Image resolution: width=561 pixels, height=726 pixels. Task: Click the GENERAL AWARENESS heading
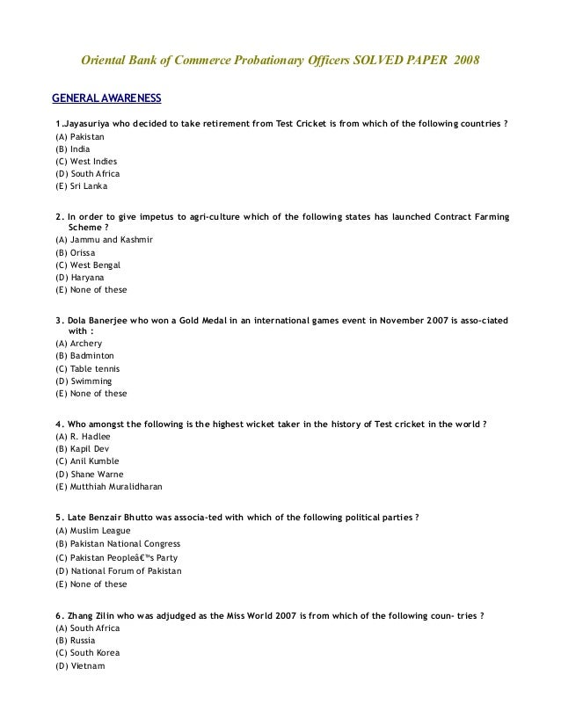tap(106, 96)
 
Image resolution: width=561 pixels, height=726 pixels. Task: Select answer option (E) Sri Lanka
tap(81, 186)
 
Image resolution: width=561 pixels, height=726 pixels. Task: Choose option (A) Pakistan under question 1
tap(78, 137)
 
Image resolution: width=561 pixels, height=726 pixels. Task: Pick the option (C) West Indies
tap(85, 162)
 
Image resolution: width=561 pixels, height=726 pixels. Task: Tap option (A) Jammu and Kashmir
tap(104, 240)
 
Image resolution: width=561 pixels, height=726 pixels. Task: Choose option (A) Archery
tap(78, 343)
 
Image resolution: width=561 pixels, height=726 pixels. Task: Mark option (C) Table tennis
tap(87, 368)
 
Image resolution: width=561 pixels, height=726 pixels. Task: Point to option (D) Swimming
tap(84, 381)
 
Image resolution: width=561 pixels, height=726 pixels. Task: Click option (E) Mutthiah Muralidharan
tap(108, 486)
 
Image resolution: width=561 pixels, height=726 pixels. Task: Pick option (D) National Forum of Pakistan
tap(118, 570)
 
